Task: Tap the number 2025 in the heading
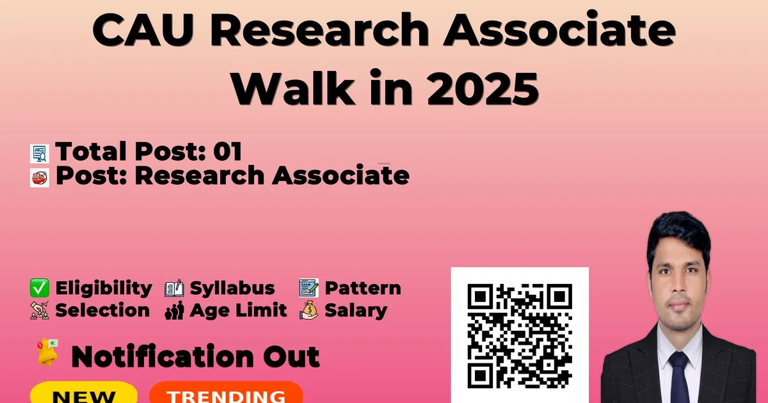point(483,88)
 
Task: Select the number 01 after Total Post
point(228,151)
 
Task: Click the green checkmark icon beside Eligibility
point(40,288)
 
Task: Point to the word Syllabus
point(232,288)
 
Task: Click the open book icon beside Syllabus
point(174,288)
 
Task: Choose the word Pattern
point(363,288)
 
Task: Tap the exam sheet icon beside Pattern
point(308,287)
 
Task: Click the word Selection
point(102,310)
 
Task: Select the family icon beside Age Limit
point(174,310)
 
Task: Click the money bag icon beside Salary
point(308,310)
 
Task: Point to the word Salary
point(356,311)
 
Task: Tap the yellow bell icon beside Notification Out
point(47,352)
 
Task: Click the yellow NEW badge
point(84,393)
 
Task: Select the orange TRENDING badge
point(227,393)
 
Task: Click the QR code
point(520,336)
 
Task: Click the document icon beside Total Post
point(40,154)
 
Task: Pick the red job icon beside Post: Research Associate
point(40,178)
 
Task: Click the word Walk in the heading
point(293,88)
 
